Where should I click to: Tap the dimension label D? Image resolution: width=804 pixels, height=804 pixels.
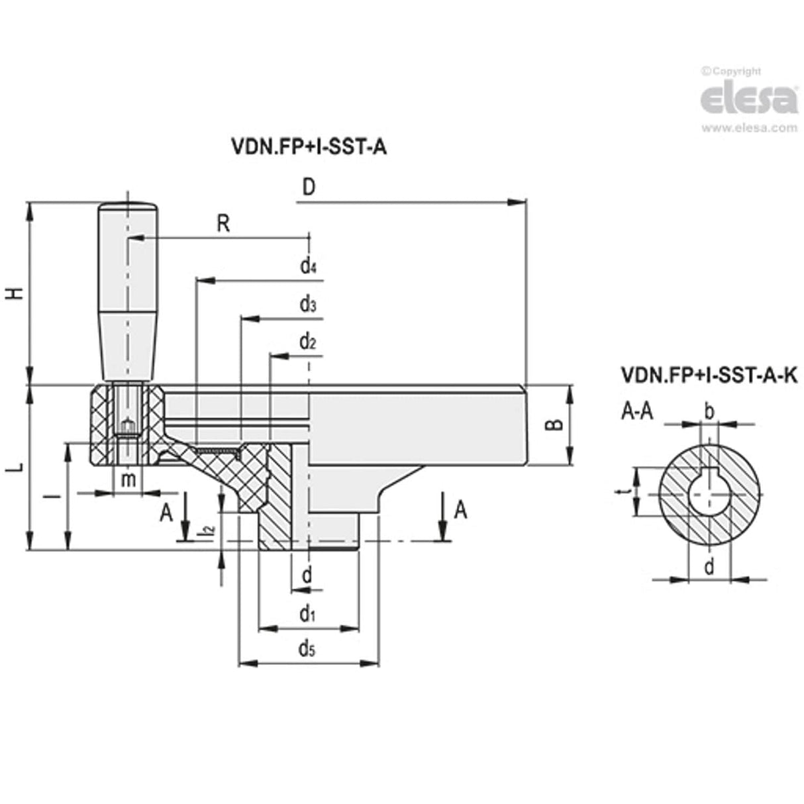tap(309, 187)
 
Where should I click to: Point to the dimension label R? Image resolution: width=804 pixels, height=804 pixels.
tap(223, 224)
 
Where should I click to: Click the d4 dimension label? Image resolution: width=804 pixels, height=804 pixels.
tap(307, 267)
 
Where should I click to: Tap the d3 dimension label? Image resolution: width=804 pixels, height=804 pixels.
tap(307, 305)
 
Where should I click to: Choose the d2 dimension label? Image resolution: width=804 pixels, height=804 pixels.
tap(307, 342)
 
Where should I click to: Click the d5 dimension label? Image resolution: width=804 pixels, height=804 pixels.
tap(306, 648)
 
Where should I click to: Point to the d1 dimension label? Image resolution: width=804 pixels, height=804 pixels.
tap(306, 615)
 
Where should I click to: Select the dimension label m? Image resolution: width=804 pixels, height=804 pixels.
tap(129, 479)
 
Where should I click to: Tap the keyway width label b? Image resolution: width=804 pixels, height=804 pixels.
tap(709, 413)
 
